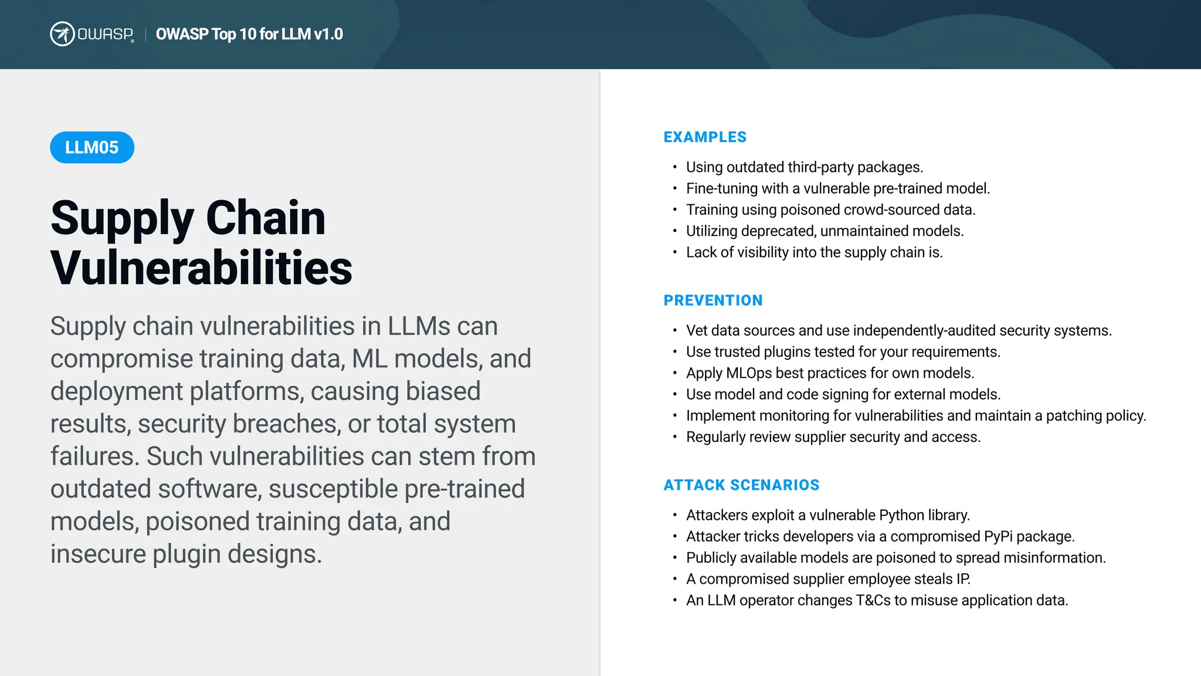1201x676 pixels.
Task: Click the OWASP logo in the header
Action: [92, 34]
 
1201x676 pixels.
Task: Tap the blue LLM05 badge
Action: [92, 147]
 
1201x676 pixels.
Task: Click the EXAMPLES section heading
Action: [705, 137]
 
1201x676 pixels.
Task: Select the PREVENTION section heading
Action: [713, 300]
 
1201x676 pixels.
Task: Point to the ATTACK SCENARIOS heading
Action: [741, 485]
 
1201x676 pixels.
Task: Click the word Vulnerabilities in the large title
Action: [201, 268]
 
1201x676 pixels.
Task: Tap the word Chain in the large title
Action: [266, 218]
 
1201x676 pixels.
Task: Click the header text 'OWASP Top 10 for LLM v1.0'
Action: [249, 34]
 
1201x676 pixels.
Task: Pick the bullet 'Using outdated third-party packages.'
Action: [804, 167]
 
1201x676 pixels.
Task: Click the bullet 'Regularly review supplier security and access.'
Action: [833, 437]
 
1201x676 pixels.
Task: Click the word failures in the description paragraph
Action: [94, 457]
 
